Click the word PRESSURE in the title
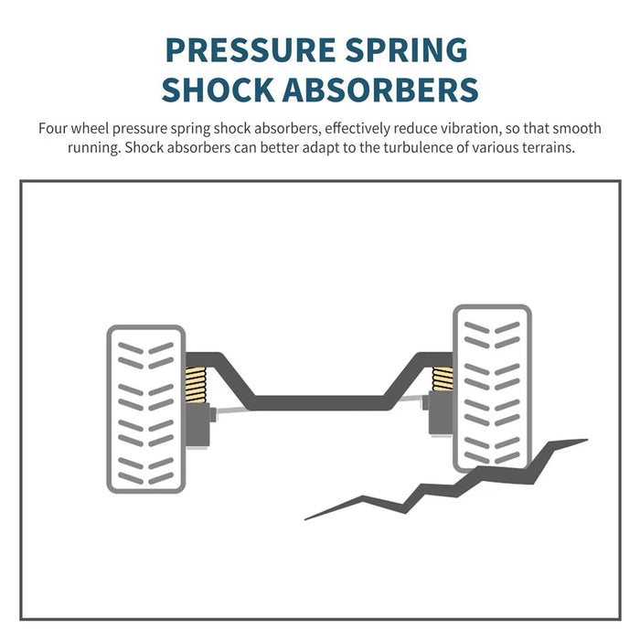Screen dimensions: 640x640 click(x=251, y=50)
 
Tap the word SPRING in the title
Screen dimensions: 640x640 click(x=406, y=50)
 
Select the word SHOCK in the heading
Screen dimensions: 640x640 click(x=218, y=90)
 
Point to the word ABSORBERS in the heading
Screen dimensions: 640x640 click(x=380, y=90)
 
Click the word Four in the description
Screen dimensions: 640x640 click(x=53, y=129)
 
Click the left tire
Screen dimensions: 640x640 click(x=146, y=409)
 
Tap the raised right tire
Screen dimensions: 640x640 click(x=492, y=389)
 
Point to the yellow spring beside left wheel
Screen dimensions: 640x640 click(x=196, y=385)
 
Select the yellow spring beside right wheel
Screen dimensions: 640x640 click(x=443, y=379)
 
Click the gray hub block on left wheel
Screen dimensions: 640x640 click(x=198, y=425)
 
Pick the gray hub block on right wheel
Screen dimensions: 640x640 click(x=441, y=412)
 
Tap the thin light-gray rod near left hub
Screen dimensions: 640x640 click(x=231, y=411)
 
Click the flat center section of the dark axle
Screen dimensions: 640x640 click(x=319, y=403)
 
